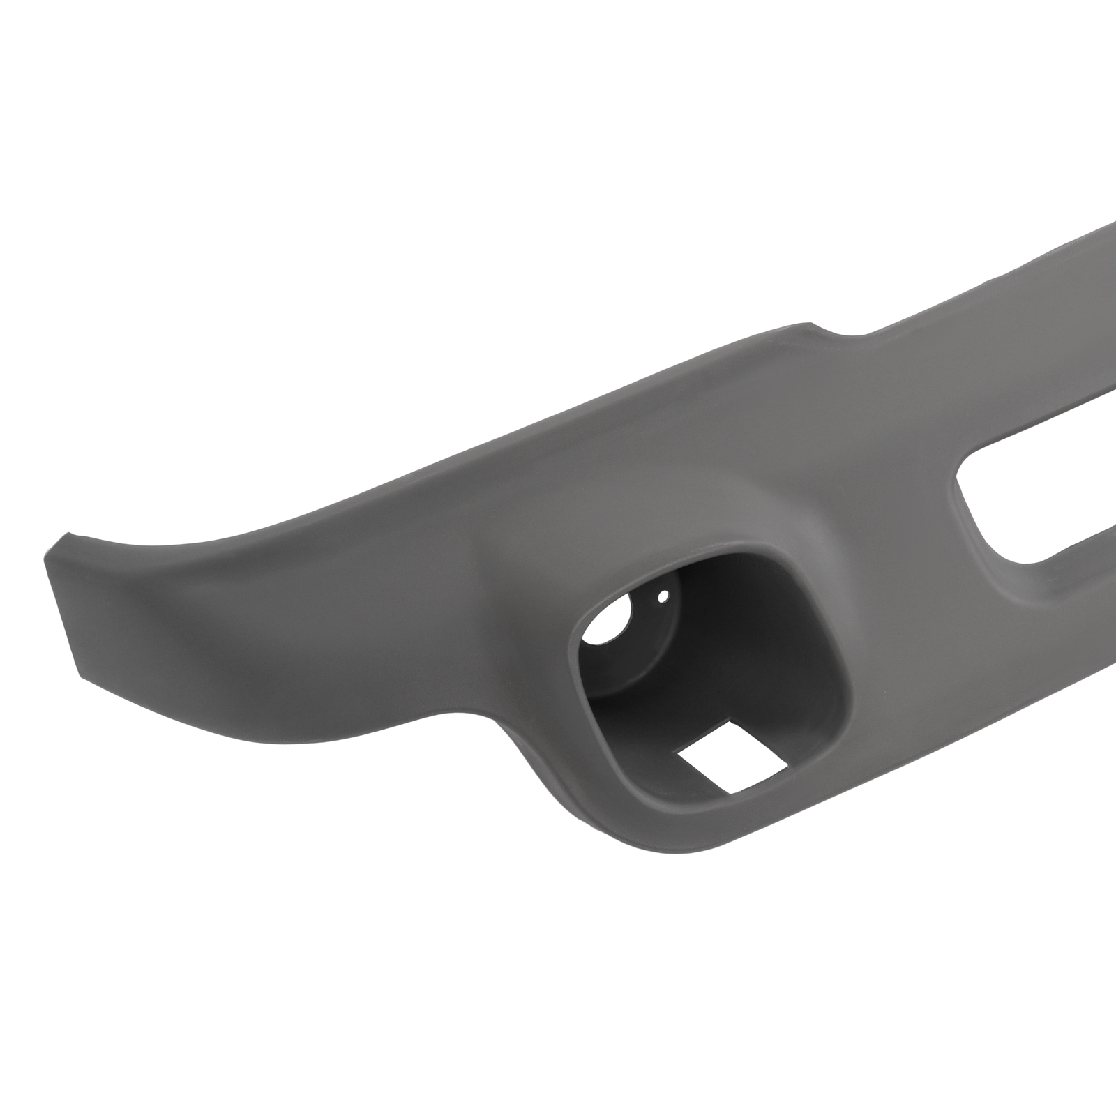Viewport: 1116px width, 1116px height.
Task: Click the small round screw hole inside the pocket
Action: click(663, 596)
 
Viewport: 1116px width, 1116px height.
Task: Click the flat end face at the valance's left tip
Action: click(70, 600)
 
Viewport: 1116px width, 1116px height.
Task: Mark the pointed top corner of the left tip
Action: click(65, 536)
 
